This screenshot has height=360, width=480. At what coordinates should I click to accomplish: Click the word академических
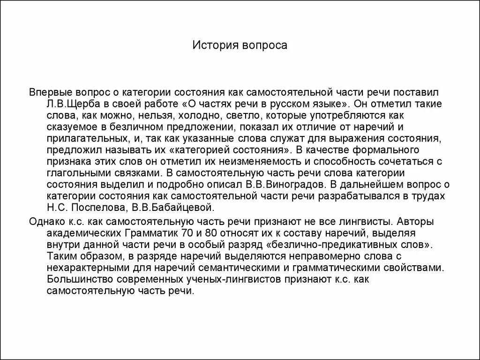[x=83, y=233]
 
